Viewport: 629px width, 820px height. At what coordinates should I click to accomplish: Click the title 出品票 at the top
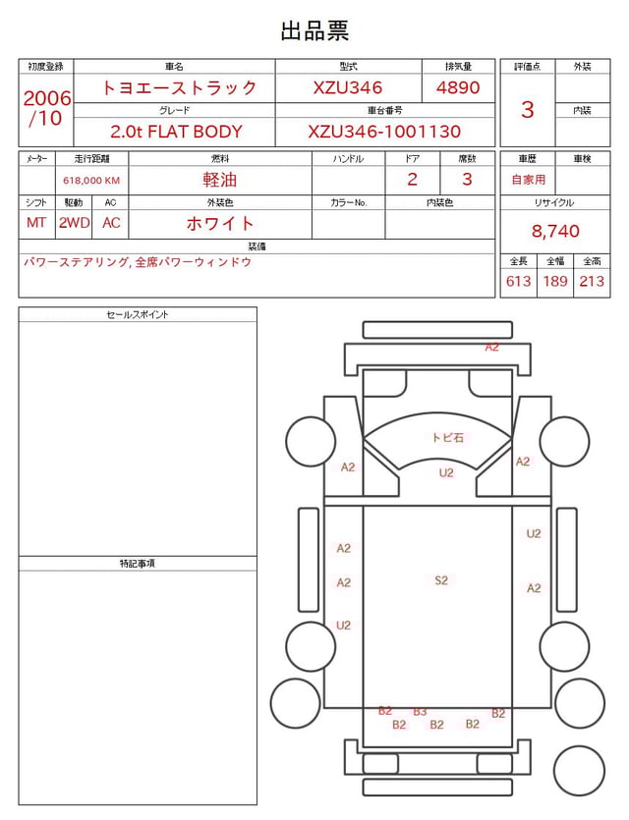point(314,30)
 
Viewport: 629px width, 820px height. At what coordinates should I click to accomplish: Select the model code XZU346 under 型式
point(348,87)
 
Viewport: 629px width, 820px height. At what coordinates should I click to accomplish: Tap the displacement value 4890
point(458,87)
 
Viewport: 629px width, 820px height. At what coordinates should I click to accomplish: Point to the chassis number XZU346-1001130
point(384,132)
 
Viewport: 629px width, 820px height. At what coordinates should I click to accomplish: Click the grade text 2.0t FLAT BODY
point(176,132)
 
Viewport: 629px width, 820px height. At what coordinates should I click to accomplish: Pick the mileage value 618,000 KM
point(91,181)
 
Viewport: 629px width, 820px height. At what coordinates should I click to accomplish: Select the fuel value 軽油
point(220,180)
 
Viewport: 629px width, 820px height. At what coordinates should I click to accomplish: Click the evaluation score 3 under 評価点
point(528,110)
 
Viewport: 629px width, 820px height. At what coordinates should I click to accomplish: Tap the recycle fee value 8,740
point(555,231)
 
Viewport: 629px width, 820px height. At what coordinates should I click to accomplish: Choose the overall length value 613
point(519,281)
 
